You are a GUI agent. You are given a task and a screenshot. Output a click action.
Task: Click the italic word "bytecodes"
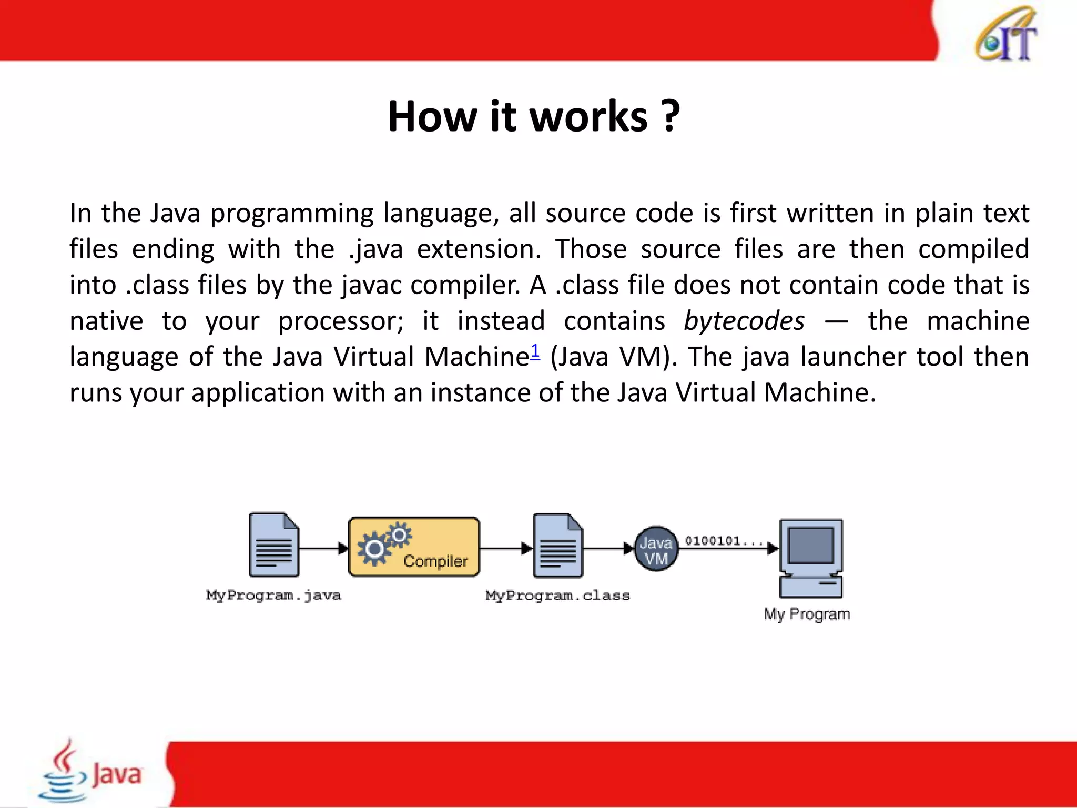[744, 321]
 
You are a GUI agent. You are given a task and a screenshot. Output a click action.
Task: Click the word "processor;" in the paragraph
[341, 321]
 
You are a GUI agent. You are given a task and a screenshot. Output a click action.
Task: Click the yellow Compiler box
[414, 547]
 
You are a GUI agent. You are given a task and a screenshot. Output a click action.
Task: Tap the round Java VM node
[656, 549]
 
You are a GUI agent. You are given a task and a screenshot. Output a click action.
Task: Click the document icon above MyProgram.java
[273, 545]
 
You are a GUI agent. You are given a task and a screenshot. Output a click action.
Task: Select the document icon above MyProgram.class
[557, 546]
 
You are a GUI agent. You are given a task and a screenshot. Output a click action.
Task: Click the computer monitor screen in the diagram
[811, 545]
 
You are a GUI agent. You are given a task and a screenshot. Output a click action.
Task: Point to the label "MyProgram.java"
[273, 595]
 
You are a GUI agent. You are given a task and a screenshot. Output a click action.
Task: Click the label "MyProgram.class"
[557, 595]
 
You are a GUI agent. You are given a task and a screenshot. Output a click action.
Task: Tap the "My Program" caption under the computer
[807, 614]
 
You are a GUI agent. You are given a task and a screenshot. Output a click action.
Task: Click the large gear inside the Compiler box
[374, 549]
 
